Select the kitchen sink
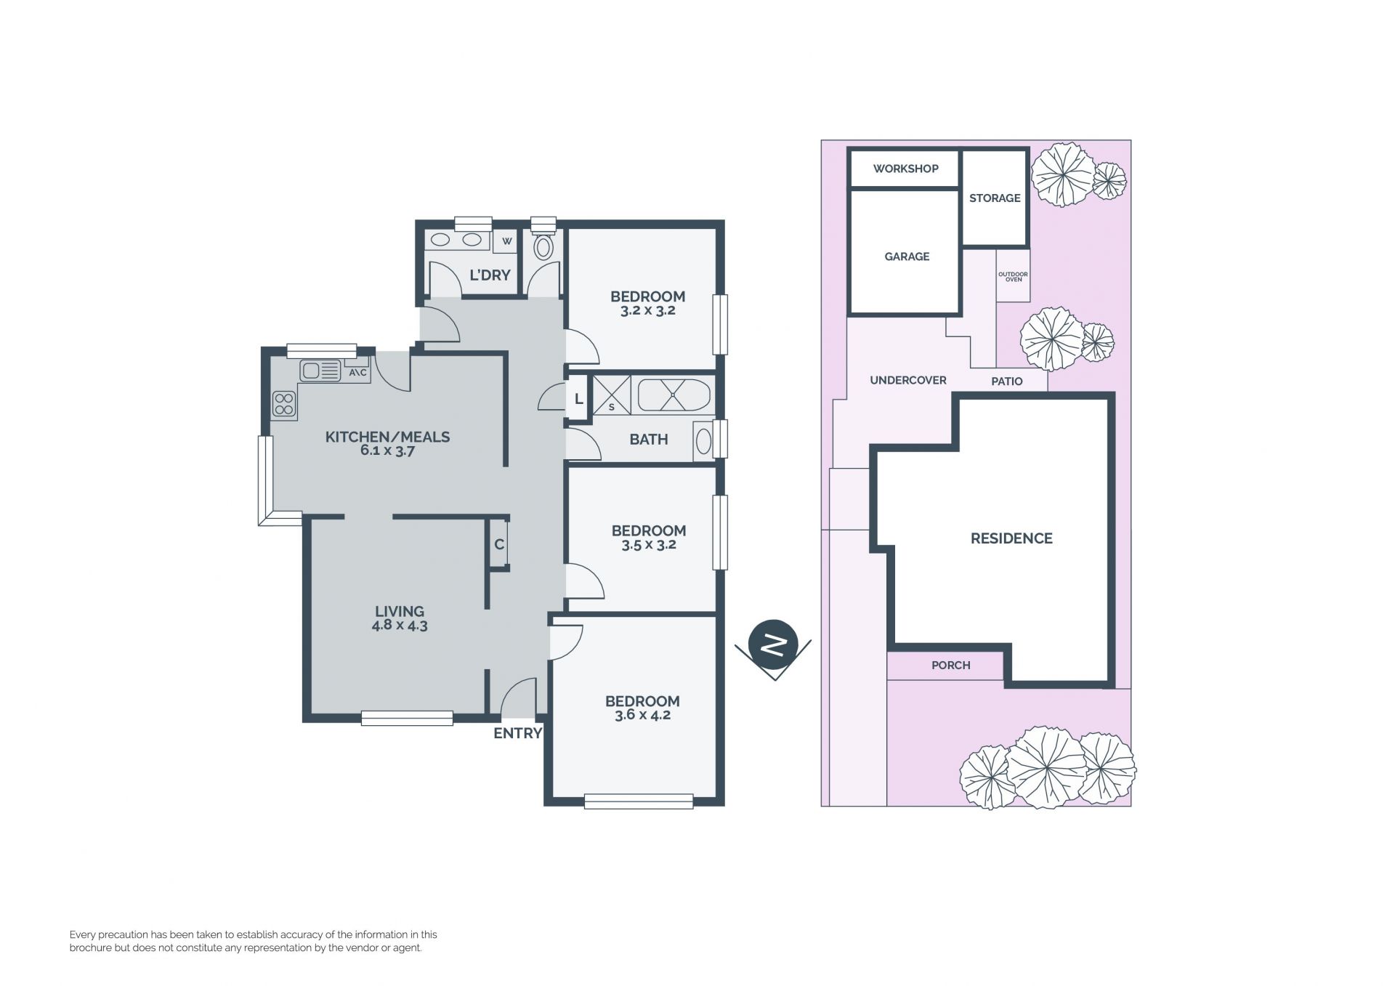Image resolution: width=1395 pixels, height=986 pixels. (x=320, y=371)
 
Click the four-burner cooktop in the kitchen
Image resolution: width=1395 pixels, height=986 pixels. (x=284, y=404)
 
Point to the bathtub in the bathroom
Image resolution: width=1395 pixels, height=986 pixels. (x=674, y=395)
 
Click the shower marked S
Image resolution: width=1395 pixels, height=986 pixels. (x=612, y=395)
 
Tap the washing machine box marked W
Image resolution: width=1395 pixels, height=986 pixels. (x=506, y=241)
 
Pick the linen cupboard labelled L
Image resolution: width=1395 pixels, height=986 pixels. (x=578, y=399)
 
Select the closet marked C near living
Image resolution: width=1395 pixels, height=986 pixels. (x=499, y=544)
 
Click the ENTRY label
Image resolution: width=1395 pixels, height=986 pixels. (x=518, y=733)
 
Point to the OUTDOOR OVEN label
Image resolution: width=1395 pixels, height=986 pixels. (x=1013, y=277)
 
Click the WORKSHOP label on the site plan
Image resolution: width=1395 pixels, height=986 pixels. (x=905, y=169)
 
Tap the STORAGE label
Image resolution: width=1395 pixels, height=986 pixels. (x=995, y=198)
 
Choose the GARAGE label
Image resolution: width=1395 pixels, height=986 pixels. (x=907, y=256)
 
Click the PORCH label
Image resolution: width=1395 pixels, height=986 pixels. (x=950, y=665)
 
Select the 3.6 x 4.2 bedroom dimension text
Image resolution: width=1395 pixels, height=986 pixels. (x=642, y=715)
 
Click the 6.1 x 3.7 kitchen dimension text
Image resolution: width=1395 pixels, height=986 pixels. (x=387, y=450)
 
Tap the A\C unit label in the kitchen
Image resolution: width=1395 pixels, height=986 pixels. (x=357, y=373)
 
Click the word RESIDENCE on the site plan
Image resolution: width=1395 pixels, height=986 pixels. (x=1011, y=538)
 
